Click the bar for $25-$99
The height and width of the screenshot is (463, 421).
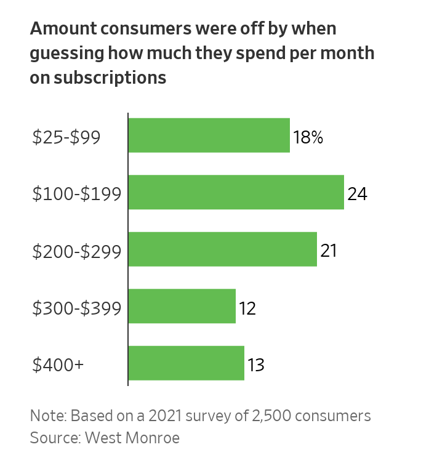tap(209, 135)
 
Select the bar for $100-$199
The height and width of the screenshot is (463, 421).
tap(236, 192)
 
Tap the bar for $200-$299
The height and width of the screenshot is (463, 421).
tap(222, 249)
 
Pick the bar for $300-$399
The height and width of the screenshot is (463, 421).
tap(182, 306)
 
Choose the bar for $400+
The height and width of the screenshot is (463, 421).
tap(186, 363)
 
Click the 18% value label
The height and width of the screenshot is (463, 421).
tap(308, 137)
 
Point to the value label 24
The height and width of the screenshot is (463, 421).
tap(357, 194)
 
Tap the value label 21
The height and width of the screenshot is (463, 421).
tap(329, 251)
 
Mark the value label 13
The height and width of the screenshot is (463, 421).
tap(255, 365)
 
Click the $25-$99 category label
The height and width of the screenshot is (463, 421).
tap(66, 137)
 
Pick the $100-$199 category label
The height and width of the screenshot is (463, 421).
tap(76, 194)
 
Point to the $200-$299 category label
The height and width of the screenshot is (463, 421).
tap(76, 251)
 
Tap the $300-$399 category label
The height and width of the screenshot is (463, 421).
tap(76, 308)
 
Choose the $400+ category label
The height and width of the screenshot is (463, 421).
tap(58, 365)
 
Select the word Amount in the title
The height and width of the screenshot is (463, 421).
tap(64, 29)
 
